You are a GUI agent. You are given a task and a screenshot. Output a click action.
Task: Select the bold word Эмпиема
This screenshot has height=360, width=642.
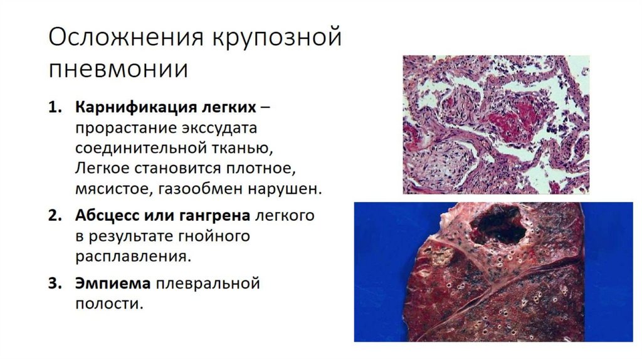point(113,283)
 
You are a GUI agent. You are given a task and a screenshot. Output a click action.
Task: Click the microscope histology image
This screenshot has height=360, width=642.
point(495,124)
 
